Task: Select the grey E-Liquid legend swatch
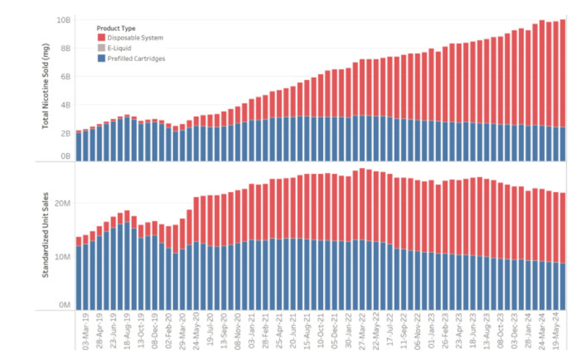point(101,48)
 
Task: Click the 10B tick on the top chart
point(63,20)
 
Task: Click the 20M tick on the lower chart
point(62,203)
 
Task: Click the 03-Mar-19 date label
point(84,333)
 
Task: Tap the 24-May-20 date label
point(195,333)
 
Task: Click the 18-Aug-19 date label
point(126,333)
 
